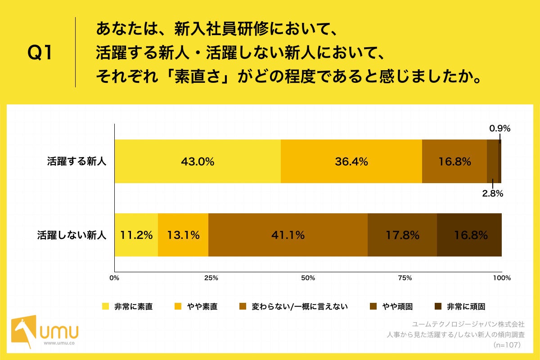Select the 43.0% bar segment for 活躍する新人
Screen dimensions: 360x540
tap(198, 162)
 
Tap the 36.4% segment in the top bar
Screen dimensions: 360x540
tap(351, 162)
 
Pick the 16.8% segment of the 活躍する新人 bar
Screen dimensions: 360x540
tap(454, 162)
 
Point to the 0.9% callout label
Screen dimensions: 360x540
tap(500, 128)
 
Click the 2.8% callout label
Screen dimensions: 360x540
tap(492, 194)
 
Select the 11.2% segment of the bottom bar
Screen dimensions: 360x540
tap(136, 235)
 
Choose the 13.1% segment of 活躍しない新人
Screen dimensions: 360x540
tap(183, 235)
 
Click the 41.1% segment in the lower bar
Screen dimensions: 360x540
tap(288, 235)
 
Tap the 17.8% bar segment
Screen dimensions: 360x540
tap(402, 235)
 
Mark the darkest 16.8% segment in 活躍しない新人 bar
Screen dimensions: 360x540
tap(469, 235)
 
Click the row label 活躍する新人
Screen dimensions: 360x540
tap(76, 162)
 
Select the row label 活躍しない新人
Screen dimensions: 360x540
tap(72, 235)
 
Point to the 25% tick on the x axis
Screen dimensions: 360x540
tap(211, 278)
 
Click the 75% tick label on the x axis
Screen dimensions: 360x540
tap(405, 278)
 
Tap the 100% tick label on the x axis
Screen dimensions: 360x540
tap(502, 278)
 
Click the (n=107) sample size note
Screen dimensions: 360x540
tap(507, 345)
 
